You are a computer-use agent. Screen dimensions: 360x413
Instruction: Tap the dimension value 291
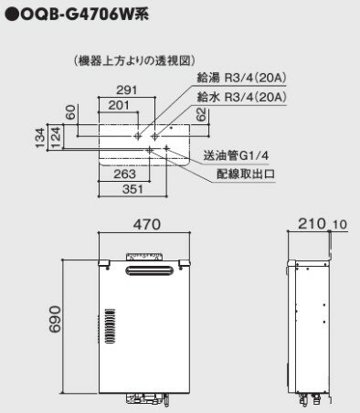click(x=127, y=90)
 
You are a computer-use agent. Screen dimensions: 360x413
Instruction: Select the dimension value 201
click(x=119, y=105)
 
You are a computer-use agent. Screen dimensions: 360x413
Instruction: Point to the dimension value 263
click(x=124, y=175)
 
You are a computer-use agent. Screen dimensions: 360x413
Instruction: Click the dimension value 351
click(x=132, y=189)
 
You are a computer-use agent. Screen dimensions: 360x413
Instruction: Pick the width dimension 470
click(x=147, y=225)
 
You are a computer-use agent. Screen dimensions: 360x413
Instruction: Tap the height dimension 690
click(x=55, y=319)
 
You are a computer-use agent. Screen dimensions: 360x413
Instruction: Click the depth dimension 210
click(x=312, y=224)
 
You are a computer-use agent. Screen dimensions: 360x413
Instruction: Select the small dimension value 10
click(x=340, y=225)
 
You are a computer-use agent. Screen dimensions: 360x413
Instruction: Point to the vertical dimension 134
click(x=40, y=138)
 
